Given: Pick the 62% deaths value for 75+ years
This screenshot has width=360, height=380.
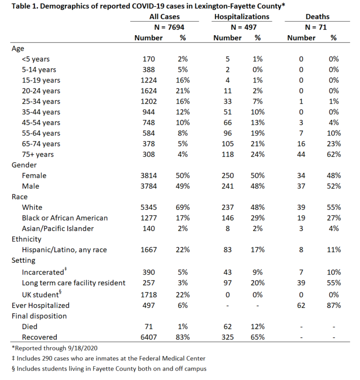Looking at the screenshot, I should (x=333, y=154).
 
